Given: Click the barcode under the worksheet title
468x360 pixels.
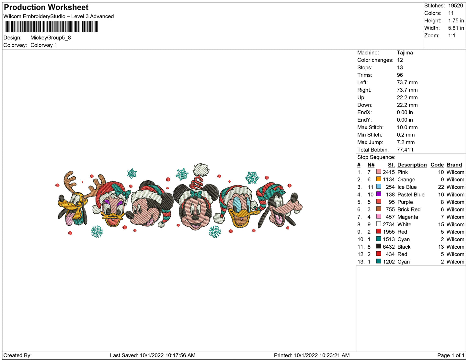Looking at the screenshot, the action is [51, 26].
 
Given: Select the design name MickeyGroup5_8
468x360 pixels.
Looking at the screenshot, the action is [51, 38].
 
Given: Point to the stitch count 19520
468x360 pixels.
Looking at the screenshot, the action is [455, 6].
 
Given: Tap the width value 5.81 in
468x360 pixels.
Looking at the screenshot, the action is [456, 28].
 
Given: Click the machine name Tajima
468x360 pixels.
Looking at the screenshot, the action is [405, 53].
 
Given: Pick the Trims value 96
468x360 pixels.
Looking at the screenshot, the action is [400, 75].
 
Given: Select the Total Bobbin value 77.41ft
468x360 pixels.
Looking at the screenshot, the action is [405, 150].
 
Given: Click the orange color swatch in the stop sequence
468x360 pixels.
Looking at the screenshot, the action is [378, 179].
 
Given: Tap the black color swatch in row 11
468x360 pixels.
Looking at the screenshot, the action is [378, 246].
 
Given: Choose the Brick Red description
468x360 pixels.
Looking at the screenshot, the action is [409, 209].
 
